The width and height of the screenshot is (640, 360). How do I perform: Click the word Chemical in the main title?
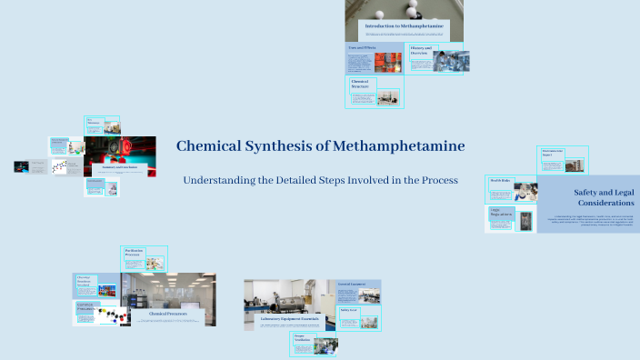(207, 145)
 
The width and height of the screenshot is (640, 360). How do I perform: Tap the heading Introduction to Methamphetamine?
(404, 25)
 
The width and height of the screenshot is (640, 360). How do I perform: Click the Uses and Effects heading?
(358, 47)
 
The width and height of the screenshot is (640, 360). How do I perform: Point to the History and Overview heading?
(420, 50)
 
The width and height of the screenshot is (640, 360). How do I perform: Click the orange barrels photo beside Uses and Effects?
(387, 62)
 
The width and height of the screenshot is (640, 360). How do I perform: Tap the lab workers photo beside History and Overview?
(450, 59)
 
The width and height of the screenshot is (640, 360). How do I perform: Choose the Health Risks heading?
(500, 182)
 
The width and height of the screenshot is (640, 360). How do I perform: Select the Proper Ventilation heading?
(301, 339)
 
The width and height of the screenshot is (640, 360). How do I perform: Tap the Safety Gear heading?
(348, 310)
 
